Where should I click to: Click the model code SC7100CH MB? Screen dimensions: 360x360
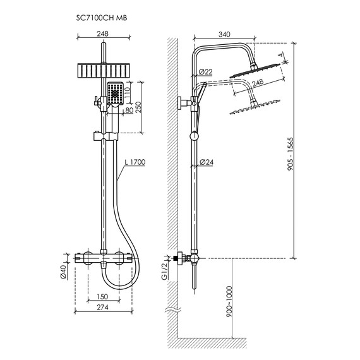102,18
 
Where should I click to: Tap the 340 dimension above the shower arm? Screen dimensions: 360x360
224,35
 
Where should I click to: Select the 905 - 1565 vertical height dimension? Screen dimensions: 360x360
291,154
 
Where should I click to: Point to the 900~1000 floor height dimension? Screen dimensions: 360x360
229,301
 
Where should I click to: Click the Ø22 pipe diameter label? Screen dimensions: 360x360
205,72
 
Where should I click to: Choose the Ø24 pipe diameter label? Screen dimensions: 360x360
207,162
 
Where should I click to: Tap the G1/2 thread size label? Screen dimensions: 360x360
164,271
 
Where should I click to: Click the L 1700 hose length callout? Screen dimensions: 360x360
135,162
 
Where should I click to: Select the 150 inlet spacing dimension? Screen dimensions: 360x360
102,296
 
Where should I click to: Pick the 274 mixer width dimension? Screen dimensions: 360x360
102,307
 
